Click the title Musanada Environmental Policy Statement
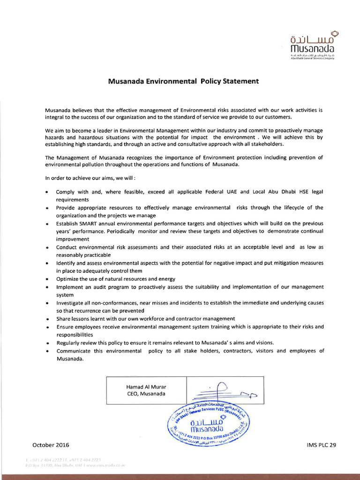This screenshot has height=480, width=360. (183, 81)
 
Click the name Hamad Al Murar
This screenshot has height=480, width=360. (146, 387)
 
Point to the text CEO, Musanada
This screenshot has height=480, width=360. (146, 394)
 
